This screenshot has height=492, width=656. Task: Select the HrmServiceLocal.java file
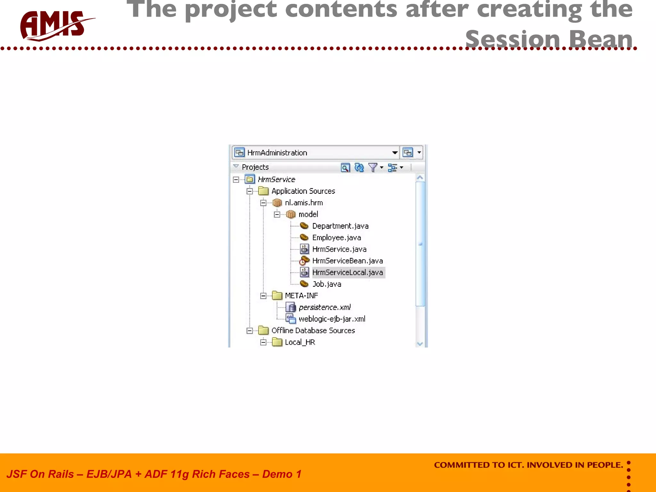point(348,273)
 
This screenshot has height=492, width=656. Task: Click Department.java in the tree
point(340,226)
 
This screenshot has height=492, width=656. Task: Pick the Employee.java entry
point(336,238)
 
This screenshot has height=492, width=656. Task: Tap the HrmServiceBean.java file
point(348,261)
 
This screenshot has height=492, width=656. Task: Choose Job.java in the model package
point(326,284)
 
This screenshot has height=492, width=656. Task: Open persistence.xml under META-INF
point(324,307)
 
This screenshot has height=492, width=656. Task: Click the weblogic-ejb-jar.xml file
point(332,319)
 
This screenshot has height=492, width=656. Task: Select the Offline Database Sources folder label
point(313,331)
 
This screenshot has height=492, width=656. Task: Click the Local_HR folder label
point(300,342)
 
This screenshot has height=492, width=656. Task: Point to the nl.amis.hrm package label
point(304,203)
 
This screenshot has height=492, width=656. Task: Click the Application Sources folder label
point(303,191)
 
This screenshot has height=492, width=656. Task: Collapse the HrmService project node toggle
point(236,180)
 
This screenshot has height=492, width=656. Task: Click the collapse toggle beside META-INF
point(263,296)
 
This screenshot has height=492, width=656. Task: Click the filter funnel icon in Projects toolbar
point(373,167)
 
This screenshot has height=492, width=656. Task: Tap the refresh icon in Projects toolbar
point(359,167)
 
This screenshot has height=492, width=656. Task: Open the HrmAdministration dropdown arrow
point(395,153)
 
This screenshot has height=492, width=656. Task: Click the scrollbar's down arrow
point(420,344)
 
